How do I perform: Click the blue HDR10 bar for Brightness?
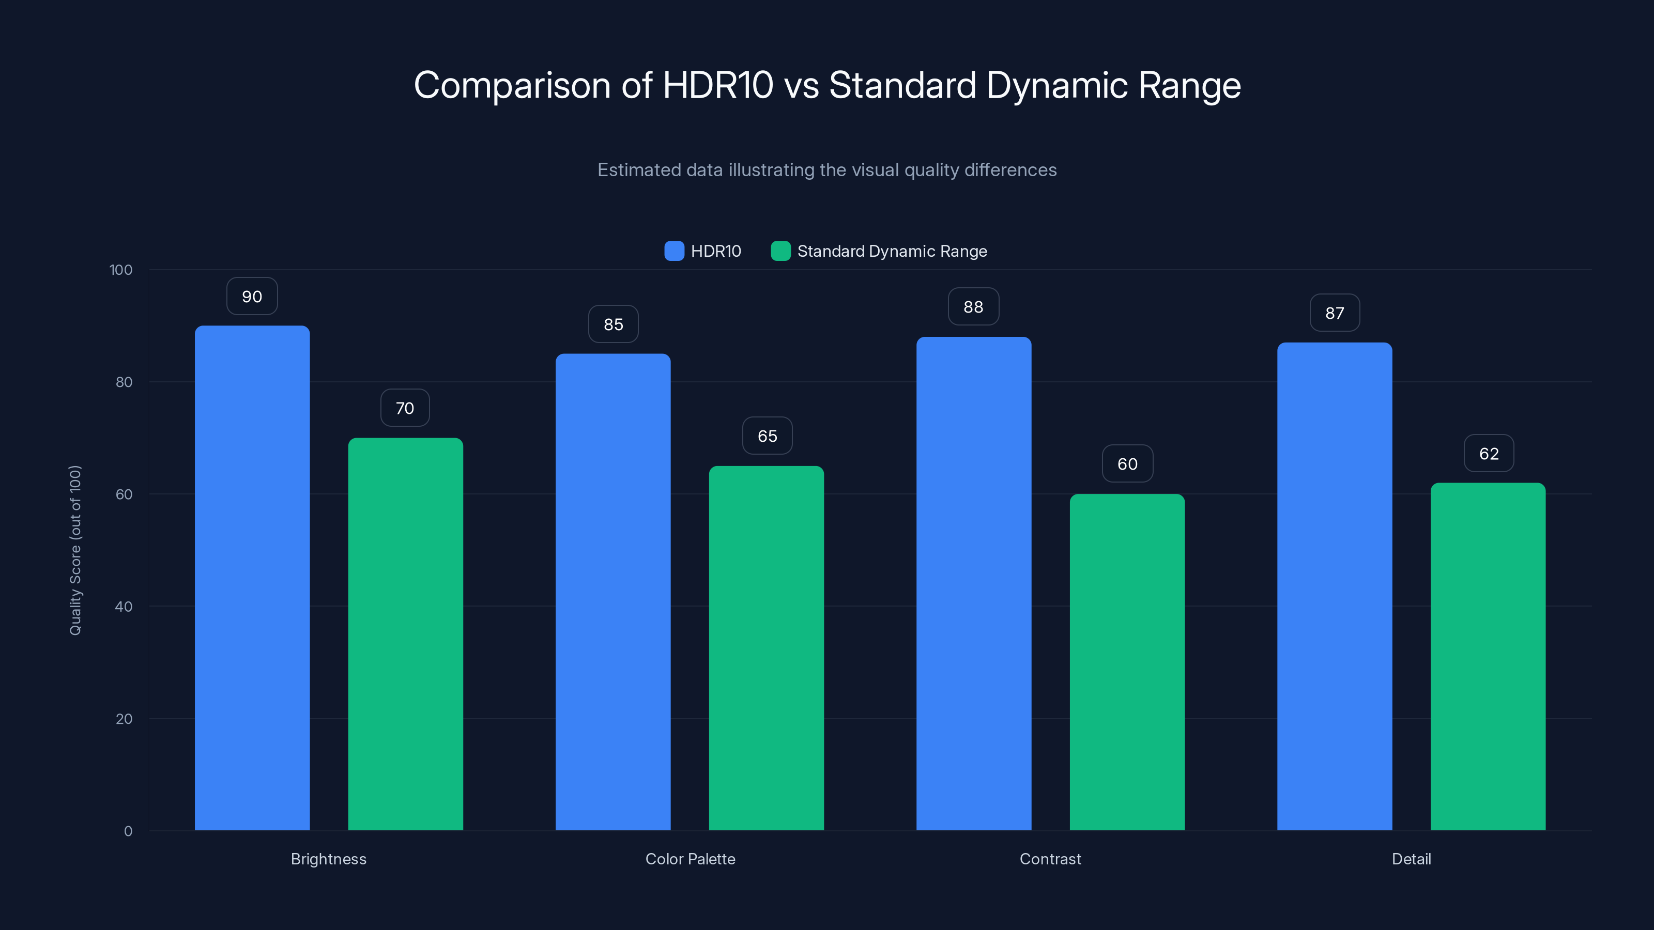[252, 578]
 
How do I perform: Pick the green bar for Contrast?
[1127, 662]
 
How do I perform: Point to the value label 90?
[252, 297]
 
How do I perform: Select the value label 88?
[973, 307]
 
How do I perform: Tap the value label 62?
[1489, 454]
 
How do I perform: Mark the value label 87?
[1334, 313]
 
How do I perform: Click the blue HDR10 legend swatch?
[674, 251]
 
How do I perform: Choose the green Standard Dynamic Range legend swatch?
[780, 251]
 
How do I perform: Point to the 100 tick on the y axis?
[121, 270]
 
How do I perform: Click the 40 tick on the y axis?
[124, 607]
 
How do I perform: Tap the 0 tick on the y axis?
[128, 831]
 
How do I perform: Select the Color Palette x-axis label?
[690, 859]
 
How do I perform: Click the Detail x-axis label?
[1411, 859]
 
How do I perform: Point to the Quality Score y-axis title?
[75, 550]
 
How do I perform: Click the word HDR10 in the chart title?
[717, 85]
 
